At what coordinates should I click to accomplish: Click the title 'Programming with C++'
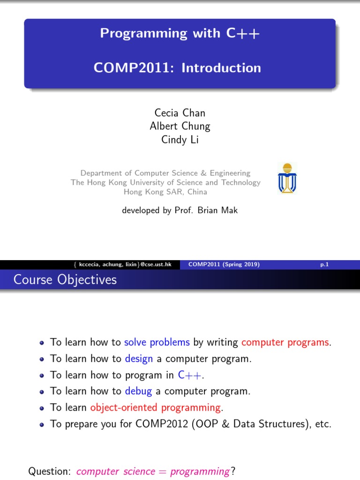click(180, 33)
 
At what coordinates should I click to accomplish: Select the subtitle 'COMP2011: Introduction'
click(177, 68)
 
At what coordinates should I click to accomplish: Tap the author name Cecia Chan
click(180, 112)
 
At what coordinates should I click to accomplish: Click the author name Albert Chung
click(180, 126)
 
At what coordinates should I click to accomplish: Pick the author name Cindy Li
click(180, 140)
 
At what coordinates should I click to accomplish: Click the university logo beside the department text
click(287, 179)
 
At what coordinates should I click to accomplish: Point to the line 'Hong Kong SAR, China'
click(165, 192)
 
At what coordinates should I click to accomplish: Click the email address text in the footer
click(126, 264)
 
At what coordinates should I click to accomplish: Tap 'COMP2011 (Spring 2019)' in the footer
click(224, 264)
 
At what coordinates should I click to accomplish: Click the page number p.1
click(324, 264)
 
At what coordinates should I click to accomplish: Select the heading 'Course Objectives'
click(65, 280)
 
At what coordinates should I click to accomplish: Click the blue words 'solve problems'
click(157, 342)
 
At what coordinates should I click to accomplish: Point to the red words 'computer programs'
click(285, 342)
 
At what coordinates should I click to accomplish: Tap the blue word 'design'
click(139, 359)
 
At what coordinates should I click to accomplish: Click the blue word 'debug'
click(139, 391)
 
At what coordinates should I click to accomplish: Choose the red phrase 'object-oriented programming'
click(155, 407)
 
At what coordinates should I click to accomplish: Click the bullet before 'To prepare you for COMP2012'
click(42, 424)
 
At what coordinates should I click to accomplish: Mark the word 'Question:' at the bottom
click(49, 471)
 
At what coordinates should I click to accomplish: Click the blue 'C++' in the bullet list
click(191, 375)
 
